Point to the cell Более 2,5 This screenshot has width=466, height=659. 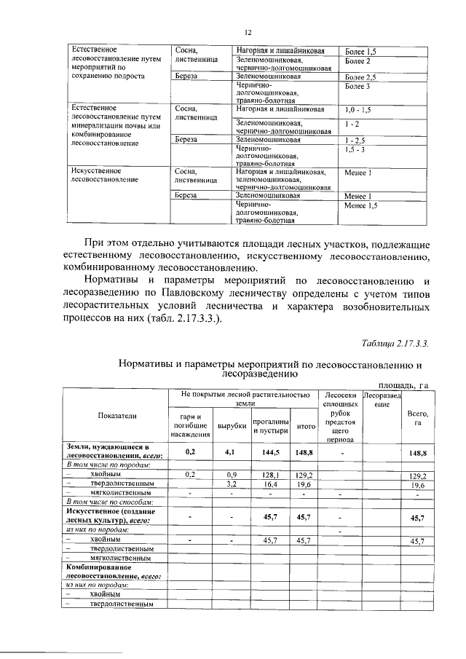(x=360, y=76)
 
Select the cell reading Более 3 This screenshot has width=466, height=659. (x=358, y=87)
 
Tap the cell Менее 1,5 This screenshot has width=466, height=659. (x=361, y=206)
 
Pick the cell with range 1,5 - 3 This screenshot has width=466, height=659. (x=358, y=149)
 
